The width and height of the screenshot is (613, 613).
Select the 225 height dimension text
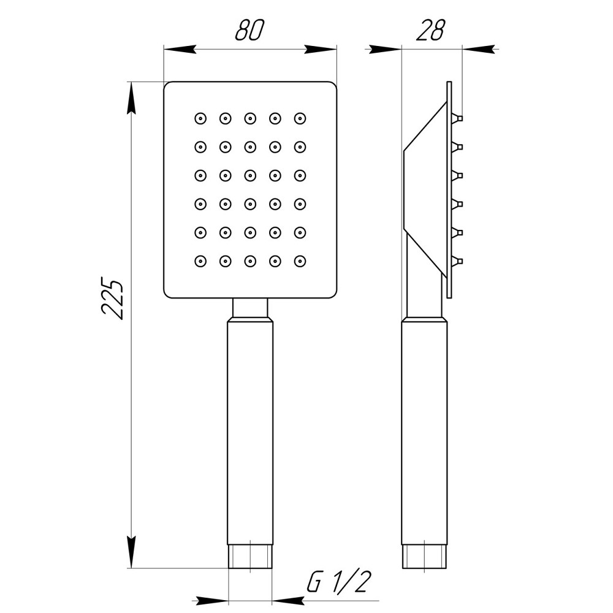(x=113, y=300)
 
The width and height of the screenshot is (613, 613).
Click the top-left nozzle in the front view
(x=200, y=118)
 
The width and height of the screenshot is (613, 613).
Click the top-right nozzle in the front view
(x=300, y=118)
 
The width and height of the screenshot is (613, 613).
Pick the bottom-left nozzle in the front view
(x=200, y=261)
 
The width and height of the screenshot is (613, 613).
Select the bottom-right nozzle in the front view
(x=300, y=261)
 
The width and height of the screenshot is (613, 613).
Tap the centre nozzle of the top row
(x=250, y=118)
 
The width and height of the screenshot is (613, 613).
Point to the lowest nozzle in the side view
(x=457, y=262)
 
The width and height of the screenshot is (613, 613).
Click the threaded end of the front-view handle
(x=250, y=557)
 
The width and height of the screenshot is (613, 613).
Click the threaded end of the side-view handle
(x=424, y=557)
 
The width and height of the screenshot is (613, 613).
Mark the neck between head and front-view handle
(x=250, y=307)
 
